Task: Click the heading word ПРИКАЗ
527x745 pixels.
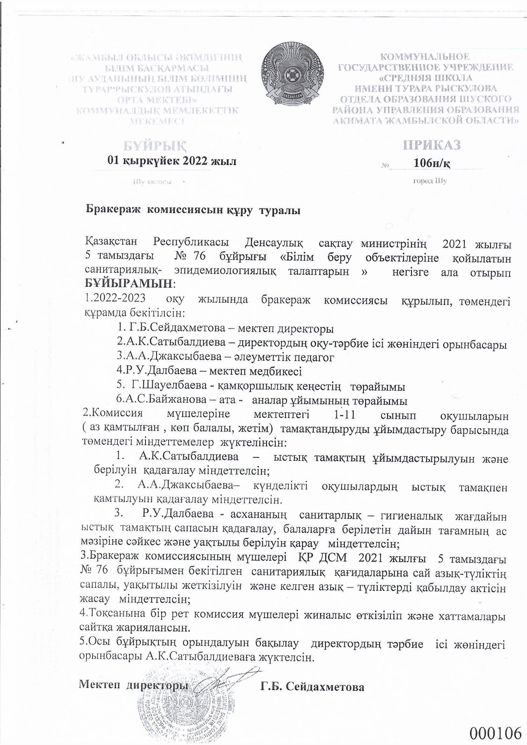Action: pos(432,145)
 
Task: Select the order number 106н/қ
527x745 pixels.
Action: pos(432,163)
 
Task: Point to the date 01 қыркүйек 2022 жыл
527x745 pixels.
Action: pos(172,161)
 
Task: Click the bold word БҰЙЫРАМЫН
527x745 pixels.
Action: pos(129,284)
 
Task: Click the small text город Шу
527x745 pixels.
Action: pos(430,181)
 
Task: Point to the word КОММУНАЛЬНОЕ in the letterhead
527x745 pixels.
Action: pos(424,57)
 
